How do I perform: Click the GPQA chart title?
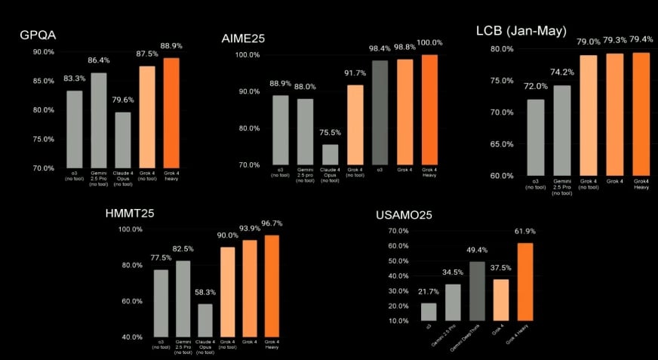click(x=37, y=36)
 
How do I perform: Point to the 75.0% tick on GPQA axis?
click(x=42, y=139)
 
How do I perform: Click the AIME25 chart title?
click(x=244, y=38)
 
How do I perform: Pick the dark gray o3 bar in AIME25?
click(x=380, y=112)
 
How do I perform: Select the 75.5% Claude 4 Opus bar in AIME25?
click(x=331, y=154)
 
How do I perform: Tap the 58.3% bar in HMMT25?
click(x=205, y=320)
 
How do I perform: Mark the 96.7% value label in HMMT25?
click(x=272, y=224)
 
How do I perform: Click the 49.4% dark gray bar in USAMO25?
click(x=477, y=291)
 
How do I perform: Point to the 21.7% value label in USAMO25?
click(x=429, y=292)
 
